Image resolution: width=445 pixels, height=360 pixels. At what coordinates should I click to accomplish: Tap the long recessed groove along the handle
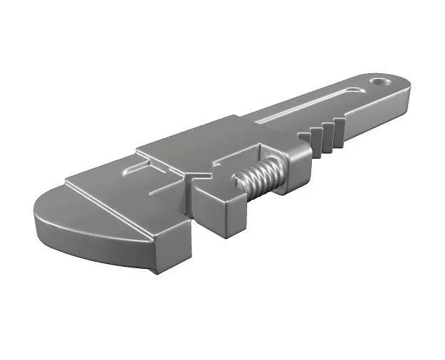[x=306, y=107]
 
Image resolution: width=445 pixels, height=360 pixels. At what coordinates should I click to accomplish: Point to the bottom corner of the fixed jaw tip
[x=150, y=271]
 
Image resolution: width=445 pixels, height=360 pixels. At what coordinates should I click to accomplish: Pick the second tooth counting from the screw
[x=318, y=138]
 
